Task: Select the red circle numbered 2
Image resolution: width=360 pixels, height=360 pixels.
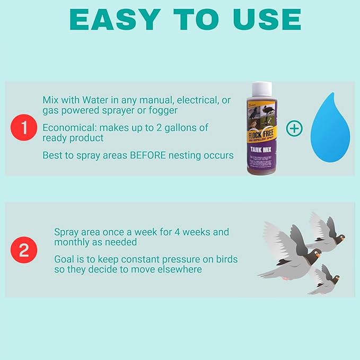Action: [24, 250]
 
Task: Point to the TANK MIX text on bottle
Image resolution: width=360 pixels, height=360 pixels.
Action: [262, 148]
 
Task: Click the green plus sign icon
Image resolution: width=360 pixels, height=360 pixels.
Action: [294, 128]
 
